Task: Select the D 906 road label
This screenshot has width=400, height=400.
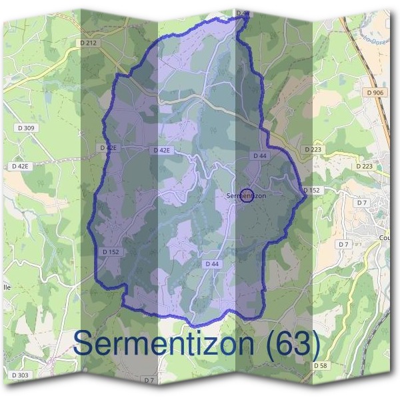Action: tap(375, 92)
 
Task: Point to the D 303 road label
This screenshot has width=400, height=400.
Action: tap(20, 375)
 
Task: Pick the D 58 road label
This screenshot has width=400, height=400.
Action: tap(320, 366)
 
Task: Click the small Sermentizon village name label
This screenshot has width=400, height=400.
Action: tap(247, 196)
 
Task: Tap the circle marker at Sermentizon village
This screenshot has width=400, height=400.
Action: tap(247, 195)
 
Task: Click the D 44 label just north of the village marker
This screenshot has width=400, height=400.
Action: tap(260, 155)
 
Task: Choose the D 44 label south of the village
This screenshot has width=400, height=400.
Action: tap(212, 264)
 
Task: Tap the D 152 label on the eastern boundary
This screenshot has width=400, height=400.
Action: tap(311, 191)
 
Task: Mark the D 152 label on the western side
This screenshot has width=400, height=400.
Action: tap(111, 252)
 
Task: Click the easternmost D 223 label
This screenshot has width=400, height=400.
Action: tap(364, 166)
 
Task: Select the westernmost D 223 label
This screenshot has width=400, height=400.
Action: tap(313, 150)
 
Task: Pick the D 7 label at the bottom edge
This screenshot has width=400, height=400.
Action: tap(149, 380)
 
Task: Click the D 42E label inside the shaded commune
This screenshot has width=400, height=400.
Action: tap(162, 151)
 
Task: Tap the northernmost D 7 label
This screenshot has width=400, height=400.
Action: tap(362, 202)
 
